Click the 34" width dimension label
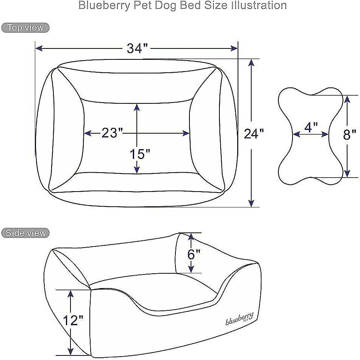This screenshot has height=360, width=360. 137,48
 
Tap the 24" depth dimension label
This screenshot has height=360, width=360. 254,134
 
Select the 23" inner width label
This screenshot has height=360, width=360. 112,133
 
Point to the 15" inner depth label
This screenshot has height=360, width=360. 140,154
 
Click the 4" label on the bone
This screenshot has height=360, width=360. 311,127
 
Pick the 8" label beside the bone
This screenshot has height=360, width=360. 350,134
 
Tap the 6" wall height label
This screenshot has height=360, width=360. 194,254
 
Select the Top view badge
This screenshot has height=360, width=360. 25,28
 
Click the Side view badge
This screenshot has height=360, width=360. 25,233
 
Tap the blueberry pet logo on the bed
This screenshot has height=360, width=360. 239,318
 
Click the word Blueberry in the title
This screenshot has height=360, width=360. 104,6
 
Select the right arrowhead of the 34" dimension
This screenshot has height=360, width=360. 234,48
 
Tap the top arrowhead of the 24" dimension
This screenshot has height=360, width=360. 251,63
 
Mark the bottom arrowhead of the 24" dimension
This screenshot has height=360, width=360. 251,203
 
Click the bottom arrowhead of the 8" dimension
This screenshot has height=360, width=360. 347,173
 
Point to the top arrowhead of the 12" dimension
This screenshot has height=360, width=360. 70,294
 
